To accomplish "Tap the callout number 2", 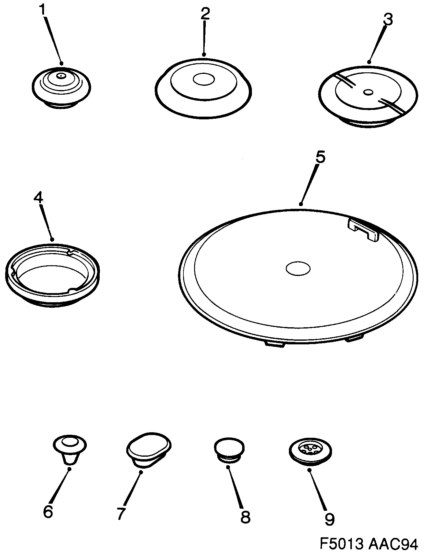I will click(205, 14).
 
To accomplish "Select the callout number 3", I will click(387, 19).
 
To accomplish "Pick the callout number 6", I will click(48, 511).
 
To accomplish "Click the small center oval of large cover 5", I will click(298, 268).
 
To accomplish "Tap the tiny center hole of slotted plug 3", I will click(368, 91).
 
